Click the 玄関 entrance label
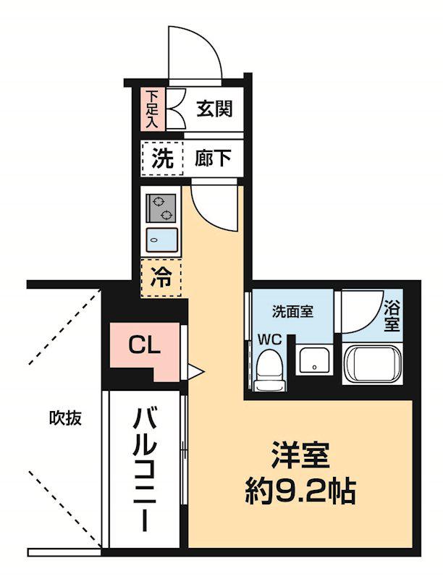point(214,109)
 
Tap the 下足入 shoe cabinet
point(152,109)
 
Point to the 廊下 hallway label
point(214,159)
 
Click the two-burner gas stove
point(161,208)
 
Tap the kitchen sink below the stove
point(162,240)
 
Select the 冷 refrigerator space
point(161,276)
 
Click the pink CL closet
point(144,346)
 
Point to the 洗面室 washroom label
point(292,312)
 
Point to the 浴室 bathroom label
point(392,315)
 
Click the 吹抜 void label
point(64,418)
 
